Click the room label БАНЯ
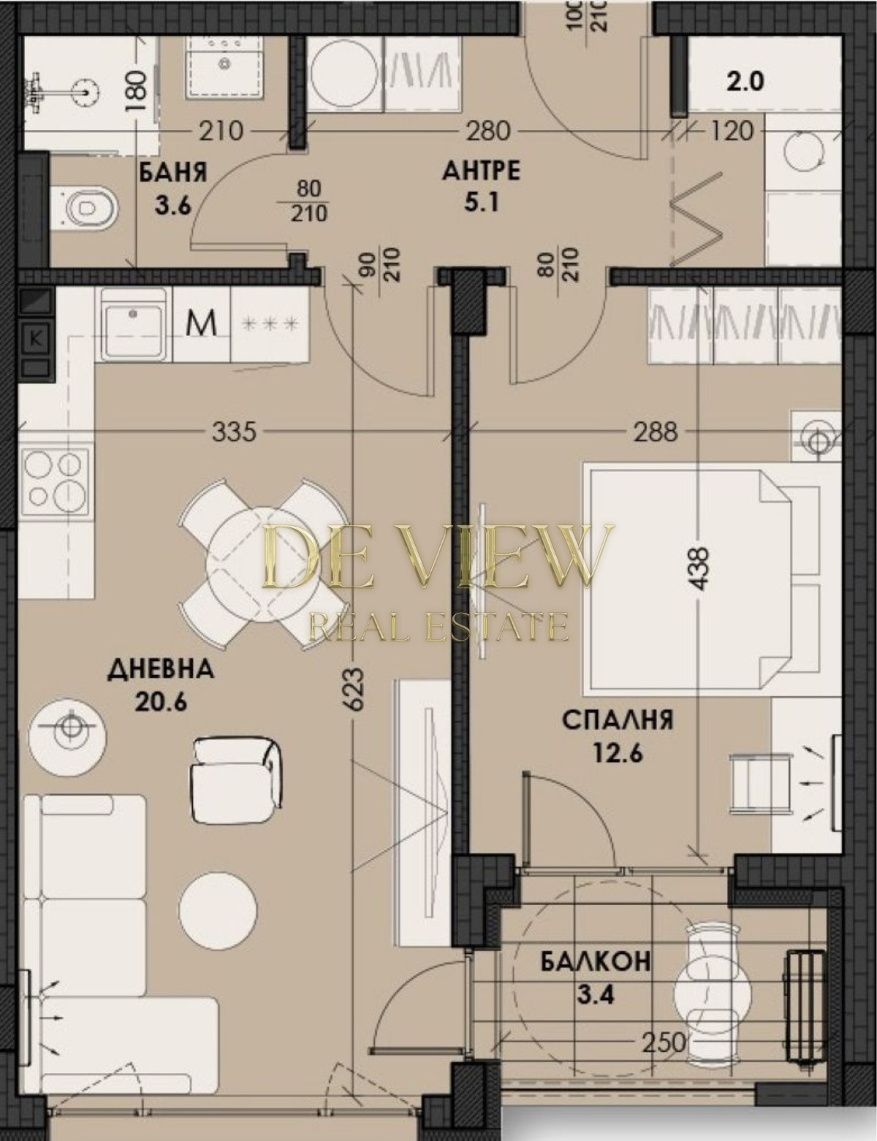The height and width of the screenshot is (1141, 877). point(172,172)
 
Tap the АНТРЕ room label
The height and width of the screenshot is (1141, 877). point(481,171)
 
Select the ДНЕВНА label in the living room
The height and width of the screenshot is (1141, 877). point(161,670)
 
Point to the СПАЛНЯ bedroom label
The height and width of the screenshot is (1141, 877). point(618,720)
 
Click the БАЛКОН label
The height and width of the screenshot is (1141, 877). point(596,961)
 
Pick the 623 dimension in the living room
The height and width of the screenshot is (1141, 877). point(355,689)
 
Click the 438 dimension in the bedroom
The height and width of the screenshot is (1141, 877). point(700,569)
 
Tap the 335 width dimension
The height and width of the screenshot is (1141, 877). point(234,432)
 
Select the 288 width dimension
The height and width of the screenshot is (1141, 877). point(656,432)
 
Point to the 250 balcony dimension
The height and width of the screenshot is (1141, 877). point(664,1026)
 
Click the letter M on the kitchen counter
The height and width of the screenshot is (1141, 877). point(202,324)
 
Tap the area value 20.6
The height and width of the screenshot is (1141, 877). point(161,703)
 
